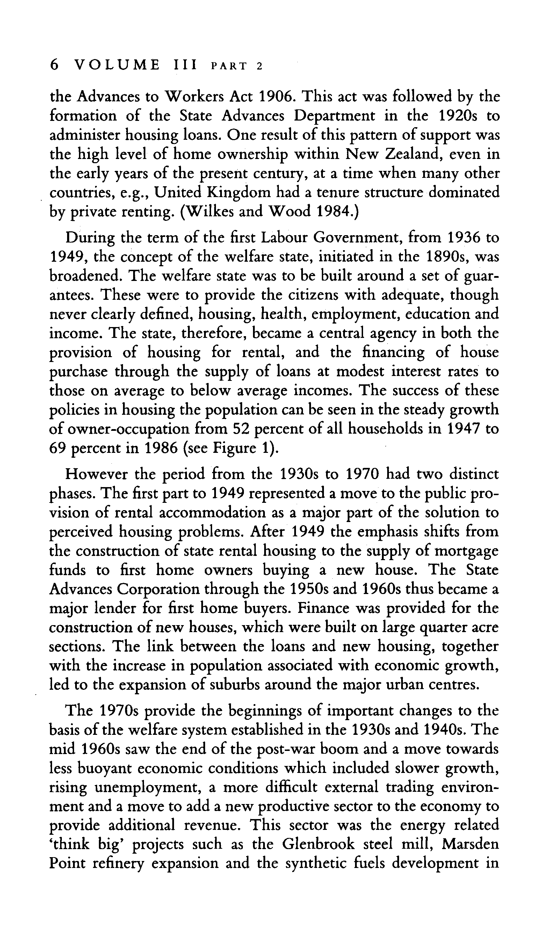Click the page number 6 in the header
[55, 65]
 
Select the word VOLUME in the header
[117, 65]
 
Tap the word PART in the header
[229, 66]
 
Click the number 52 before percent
[239, 429]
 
